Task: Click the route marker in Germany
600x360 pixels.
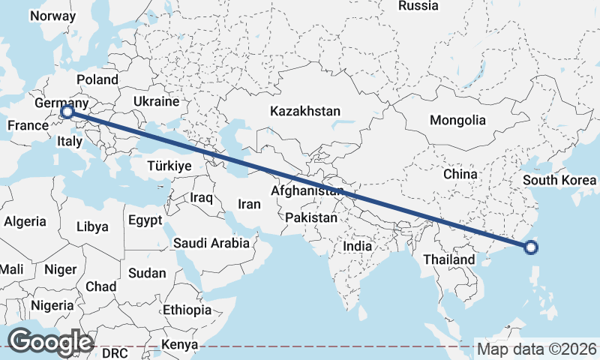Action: coord(67,112)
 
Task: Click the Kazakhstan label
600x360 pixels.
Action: coord(305,111)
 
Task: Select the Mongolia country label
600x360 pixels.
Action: coord(457,120)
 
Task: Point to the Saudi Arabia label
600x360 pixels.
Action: coord(211,243)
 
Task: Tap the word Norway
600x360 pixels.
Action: coord(53,16)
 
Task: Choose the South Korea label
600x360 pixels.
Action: coord(559,181)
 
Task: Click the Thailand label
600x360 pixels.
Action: coord(449,259)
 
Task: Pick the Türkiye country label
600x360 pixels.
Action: coord(169,165)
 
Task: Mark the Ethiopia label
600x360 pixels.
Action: coord(187,309)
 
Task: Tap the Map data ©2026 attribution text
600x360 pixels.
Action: coord(537,349)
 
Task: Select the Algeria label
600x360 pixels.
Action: coord(25,222)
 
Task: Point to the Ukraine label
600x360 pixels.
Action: coord(156,101)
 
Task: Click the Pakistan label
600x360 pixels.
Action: coord(311,217)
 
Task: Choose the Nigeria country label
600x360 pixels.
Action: coord(52,305)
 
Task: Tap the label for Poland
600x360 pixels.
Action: coord(97,79)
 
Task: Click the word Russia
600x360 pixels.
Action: coord(418,6)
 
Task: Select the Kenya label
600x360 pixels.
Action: coord(179,344)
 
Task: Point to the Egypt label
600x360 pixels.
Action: coord(145,220)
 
